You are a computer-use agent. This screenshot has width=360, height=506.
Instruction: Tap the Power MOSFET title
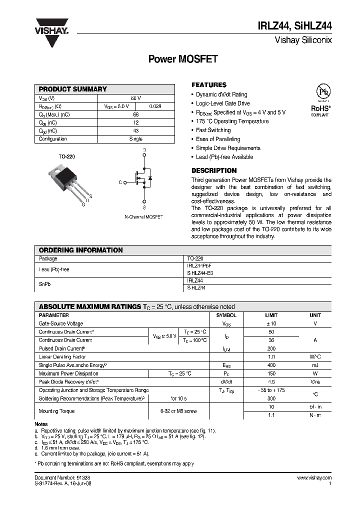tap(183, 59)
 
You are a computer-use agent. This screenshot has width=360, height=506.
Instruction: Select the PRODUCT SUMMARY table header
tap(73, 89)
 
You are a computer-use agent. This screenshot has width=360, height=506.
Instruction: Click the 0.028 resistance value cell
tap(155, 106)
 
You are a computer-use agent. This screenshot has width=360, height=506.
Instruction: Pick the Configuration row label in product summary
tap(53, 139)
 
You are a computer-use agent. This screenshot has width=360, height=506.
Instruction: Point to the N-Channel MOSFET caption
tap(143, 217)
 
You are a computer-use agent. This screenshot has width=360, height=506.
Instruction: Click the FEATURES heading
tap(209, 85)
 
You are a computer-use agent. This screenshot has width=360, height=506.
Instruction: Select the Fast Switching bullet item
tap(213, 130)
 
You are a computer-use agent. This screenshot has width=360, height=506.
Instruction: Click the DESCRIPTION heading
tap(214, 170)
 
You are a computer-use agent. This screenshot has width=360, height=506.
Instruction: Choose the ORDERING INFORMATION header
tap(80, 250)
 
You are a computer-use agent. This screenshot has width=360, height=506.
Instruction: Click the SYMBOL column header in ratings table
tap(226, 315)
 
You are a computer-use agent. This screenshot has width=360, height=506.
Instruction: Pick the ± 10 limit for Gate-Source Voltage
tap(271, 324)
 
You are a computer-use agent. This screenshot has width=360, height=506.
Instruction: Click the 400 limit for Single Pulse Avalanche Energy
tap(271, 365)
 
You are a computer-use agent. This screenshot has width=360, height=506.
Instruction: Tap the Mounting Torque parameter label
tap(56, 411)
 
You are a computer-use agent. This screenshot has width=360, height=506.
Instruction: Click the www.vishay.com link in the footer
tap(314, 478)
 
